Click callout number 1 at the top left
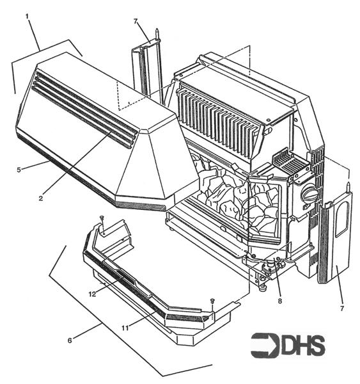pyautogui.click(x=27, y=14)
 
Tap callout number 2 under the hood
pyautogui.click(x=40, y=198)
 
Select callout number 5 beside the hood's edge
pyautogui.click(x=19, y=169)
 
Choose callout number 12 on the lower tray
pyautogui.click(x=92, y=294)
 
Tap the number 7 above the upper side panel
pyautogui.click(x=136, y=22)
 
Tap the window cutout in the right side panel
pyautogui.click(x=341, y=217)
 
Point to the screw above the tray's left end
pyautogui.click(x=102, y=220)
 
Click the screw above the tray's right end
pyautogui.click(x=212, y=300)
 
